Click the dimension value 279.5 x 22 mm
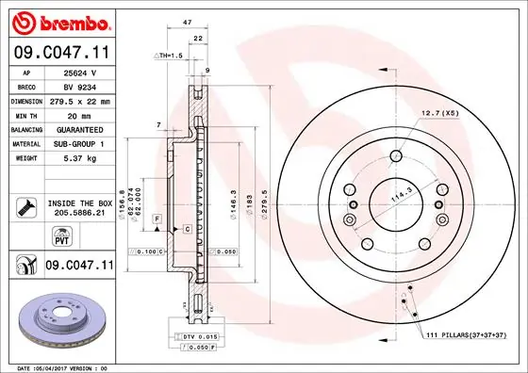click(79, 100)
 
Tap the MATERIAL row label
click(25, 143)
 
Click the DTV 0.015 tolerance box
click(193, 336)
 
